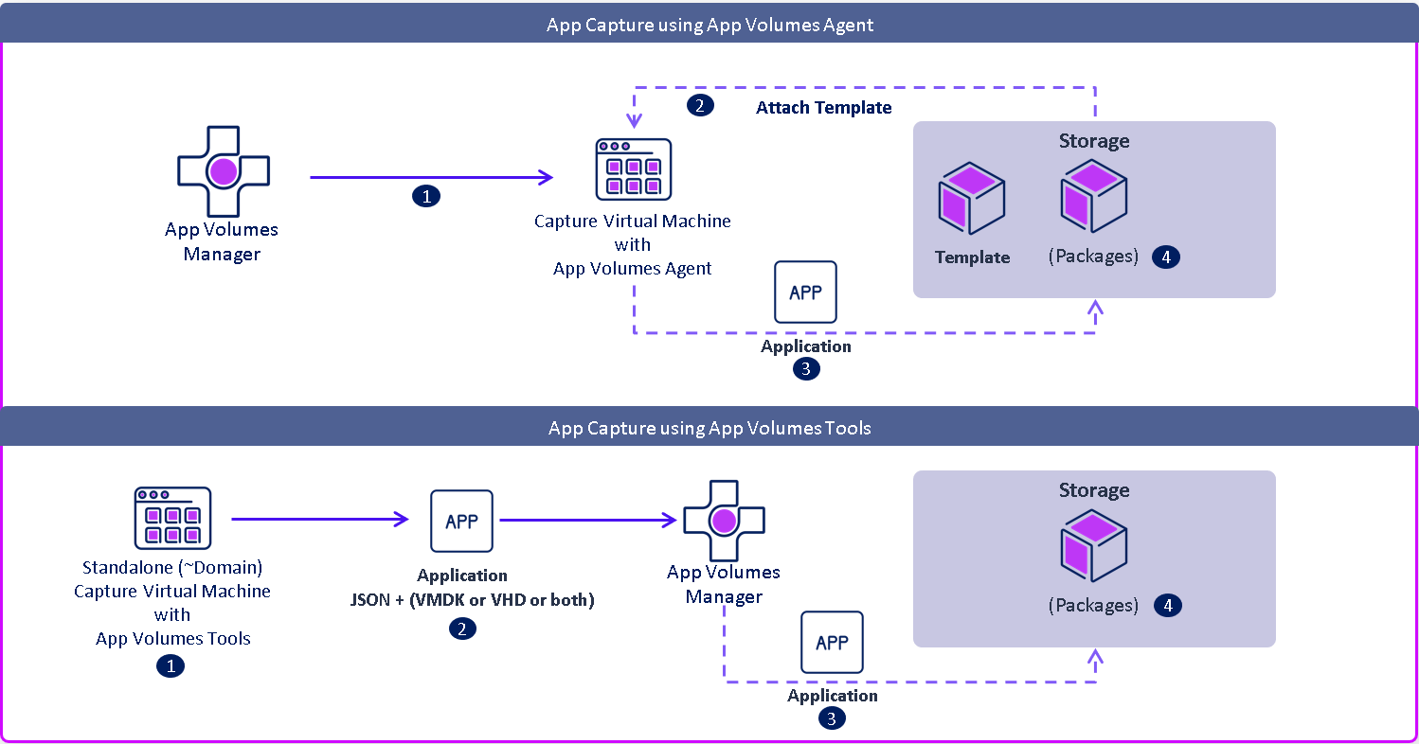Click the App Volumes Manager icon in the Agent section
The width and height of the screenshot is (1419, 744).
pos(223,171)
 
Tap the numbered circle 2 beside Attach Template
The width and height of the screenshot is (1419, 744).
pos(699,106)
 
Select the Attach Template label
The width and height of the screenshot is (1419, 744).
pos(823,108)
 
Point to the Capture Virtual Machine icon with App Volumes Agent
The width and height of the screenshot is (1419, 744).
pos(633,169)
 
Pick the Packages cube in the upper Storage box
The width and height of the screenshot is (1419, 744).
pos(1094,197)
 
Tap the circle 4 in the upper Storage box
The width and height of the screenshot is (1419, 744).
pos(1166,257)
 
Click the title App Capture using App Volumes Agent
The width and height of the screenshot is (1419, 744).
pos(709,25)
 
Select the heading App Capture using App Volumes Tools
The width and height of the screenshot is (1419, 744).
pos(709,428)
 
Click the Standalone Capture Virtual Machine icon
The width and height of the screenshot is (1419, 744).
pos(172,518)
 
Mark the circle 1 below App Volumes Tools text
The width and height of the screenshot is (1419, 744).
pos(171,666)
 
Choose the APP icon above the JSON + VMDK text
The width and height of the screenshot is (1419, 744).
pos(461,521)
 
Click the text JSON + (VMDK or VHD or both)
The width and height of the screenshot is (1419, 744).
pos(471,600)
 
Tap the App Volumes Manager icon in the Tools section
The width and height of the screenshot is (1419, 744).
pos(724,521)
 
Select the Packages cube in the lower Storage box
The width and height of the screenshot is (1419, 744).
pos(1094,546)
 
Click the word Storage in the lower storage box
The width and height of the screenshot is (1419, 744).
pos(1094,490)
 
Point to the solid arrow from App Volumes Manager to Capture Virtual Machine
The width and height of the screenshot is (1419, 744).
pos(431,177)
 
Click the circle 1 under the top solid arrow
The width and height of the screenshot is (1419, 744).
pos(426,196)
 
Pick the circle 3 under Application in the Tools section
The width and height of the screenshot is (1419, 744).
pos(832,718)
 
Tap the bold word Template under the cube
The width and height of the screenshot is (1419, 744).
pos(972,257)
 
